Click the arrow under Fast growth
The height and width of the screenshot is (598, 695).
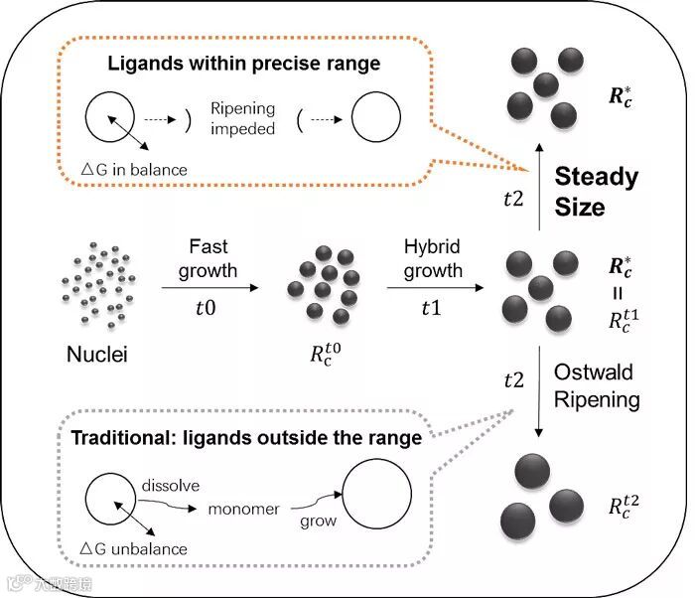(x=209, y=288)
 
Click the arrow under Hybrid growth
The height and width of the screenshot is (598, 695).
(x=433, y=288)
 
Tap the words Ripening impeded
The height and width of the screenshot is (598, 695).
(x=242, y=119)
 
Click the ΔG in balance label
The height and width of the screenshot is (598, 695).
(x=132, y=170)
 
